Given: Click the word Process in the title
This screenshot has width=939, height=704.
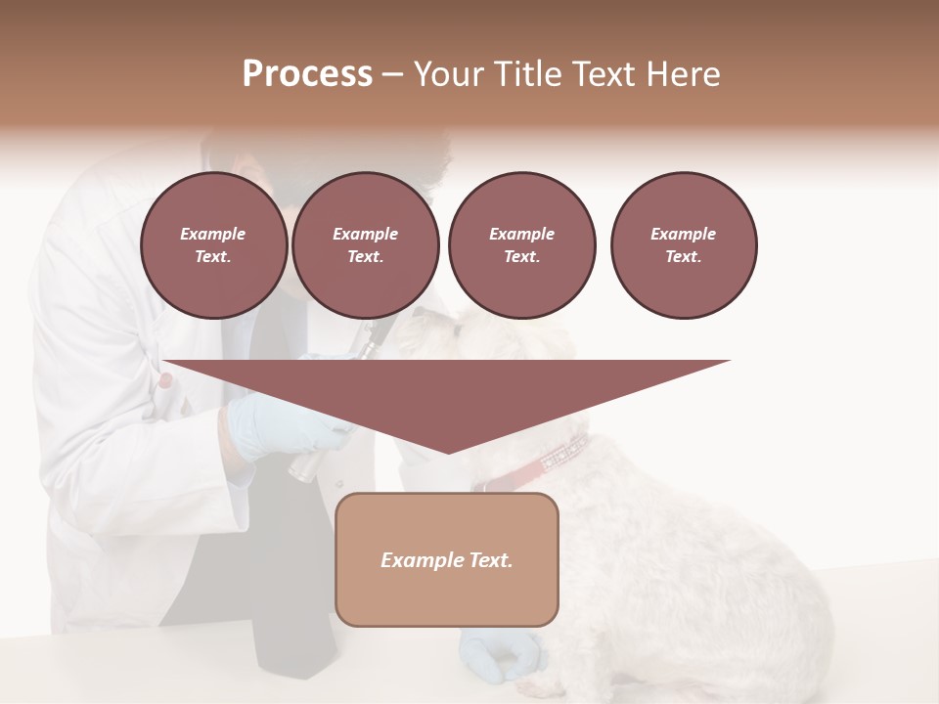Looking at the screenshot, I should [x=307, y=74].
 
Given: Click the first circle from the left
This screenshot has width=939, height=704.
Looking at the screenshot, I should [x=214, y=245].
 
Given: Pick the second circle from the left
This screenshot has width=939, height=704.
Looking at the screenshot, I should [x=366, y=245].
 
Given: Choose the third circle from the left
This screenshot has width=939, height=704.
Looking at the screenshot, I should [x=522, y=245].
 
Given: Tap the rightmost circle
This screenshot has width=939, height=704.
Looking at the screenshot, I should [x=684, y=245].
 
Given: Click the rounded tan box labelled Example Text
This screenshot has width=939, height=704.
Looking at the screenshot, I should [x=447, y=559].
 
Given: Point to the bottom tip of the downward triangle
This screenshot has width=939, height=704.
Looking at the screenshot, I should [x=448, y=453].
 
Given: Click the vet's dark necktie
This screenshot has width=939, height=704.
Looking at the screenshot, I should [x=293, y=626].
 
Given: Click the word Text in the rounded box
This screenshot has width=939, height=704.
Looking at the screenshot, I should [x=489, y=560].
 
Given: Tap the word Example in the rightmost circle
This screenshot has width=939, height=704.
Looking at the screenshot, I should [x=684, y=234].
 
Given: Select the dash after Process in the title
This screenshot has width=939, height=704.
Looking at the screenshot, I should [x=392, y=74].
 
